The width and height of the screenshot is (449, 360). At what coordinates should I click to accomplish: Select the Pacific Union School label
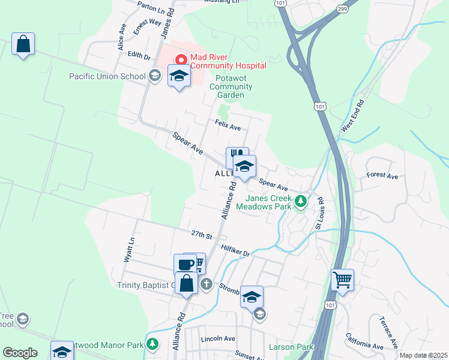(107, 76)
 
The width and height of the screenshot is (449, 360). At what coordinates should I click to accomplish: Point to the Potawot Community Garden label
(231, 86)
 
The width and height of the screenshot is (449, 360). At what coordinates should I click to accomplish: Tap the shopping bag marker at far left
(23, 44)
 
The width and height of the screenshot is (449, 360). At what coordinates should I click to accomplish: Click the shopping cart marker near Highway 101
(342, 279)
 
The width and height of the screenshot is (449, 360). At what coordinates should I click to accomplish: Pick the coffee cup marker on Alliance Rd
(185, 264)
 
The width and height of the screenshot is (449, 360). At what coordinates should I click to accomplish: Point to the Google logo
(20, 353)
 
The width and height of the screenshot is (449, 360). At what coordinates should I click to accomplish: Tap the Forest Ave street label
(382, 176)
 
